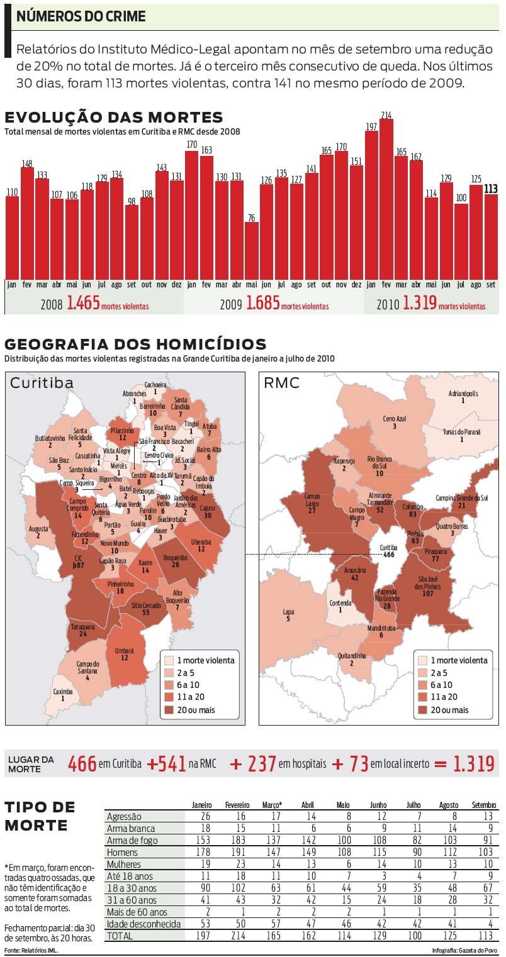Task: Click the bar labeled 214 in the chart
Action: point(386,198)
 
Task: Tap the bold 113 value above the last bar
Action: point(491,189)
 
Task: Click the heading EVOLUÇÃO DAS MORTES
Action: point(114,118)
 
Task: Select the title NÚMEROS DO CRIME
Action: point(81,17)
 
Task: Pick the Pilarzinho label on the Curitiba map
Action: point(122,434)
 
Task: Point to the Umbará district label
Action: point(125,653)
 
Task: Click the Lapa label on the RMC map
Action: point(288,614)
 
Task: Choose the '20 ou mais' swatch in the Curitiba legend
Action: point(169,710)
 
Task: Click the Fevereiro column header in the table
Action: point(238,805)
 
